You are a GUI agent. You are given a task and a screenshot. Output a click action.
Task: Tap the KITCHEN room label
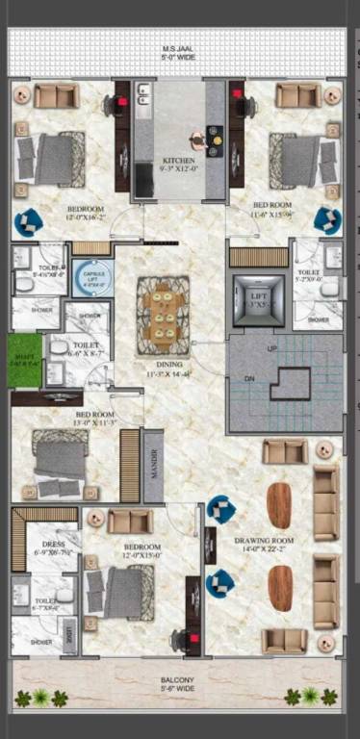click(179, 161)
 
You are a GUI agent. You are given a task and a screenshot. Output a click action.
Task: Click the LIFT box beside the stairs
click(258, 299)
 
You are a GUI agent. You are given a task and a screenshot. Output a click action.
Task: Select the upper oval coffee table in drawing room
click(279, 505)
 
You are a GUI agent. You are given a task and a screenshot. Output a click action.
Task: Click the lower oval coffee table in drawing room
click(279, 586)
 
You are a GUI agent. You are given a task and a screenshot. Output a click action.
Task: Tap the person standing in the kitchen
click(197, 140)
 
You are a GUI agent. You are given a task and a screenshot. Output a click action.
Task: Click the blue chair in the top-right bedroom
click(327, 219)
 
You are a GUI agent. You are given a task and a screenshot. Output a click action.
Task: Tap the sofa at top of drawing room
click(285, 451)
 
